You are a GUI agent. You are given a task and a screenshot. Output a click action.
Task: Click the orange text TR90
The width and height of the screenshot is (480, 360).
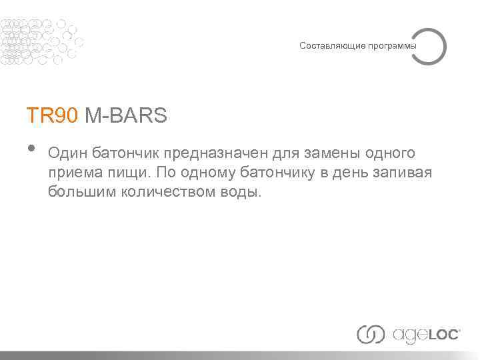point(53,116)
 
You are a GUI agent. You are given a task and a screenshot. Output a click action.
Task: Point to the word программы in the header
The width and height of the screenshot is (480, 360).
point(391,46)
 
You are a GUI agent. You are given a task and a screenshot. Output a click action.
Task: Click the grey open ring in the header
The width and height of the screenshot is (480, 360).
point(428,46)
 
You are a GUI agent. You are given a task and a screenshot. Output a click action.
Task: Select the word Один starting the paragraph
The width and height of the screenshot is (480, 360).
point(67,154)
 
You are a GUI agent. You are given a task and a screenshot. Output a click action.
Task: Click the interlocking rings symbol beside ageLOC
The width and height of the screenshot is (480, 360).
point(371,334)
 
